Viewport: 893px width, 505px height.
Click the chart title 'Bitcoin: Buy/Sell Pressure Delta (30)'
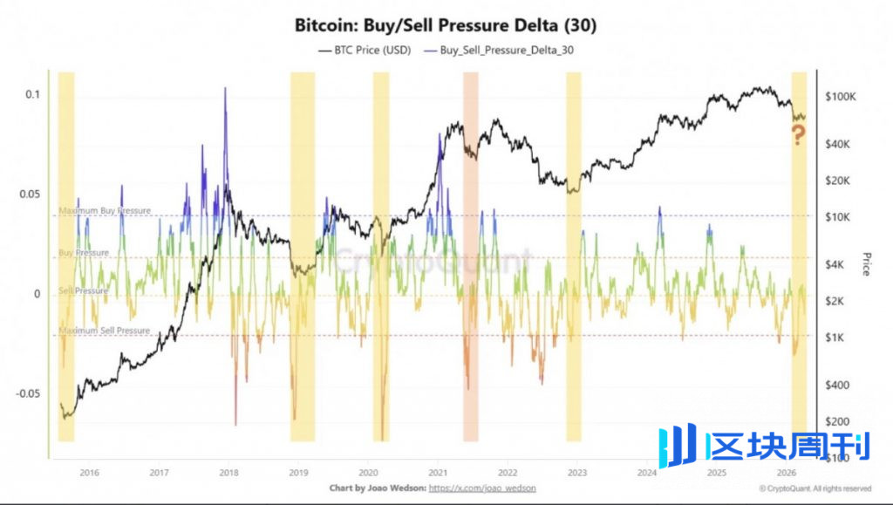click(x=446, y=26)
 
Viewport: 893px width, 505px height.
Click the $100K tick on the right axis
click(x=843, y=97)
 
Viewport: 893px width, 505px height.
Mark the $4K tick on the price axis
click(x=842, y=264)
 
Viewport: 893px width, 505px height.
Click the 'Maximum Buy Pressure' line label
click(x=104, y=211)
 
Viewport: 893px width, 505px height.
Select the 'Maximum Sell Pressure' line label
click(x=104, y=331)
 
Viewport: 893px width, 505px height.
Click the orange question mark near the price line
click(x=797, y=134)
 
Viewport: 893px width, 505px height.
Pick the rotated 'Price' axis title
click(x=866, y=264)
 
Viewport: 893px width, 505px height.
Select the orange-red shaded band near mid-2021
click(x=470, y=253)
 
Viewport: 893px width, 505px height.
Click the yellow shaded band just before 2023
click(x=573, y=253)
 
